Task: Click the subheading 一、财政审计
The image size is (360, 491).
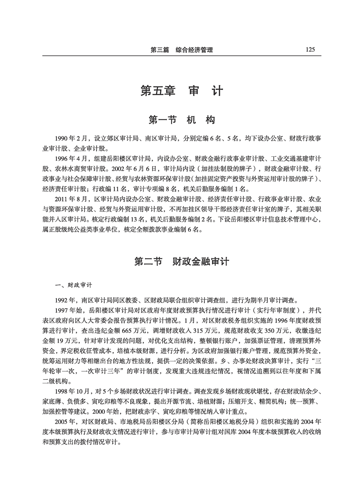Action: [73, 285]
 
